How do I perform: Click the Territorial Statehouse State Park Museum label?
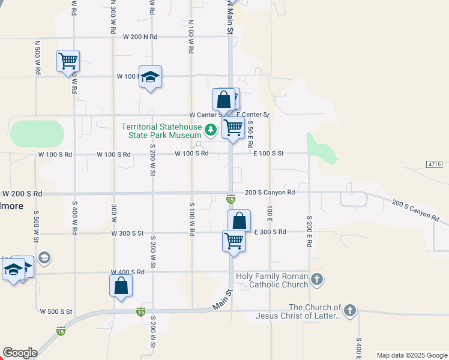161,131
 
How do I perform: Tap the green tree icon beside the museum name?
211,129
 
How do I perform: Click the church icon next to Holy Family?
318,279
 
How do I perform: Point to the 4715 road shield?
435,164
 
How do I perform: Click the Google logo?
20,353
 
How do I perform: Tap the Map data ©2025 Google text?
412,355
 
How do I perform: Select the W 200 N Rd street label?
140,37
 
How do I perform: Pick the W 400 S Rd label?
127,272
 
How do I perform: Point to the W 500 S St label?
56,311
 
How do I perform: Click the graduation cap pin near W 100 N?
151,77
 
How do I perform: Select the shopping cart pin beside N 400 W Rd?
68,61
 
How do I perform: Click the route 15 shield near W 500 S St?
140,311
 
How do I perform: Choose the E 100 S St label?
268,154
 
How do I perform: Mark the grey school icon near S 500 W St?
44,258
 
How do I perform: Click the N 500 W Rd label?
37,58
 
